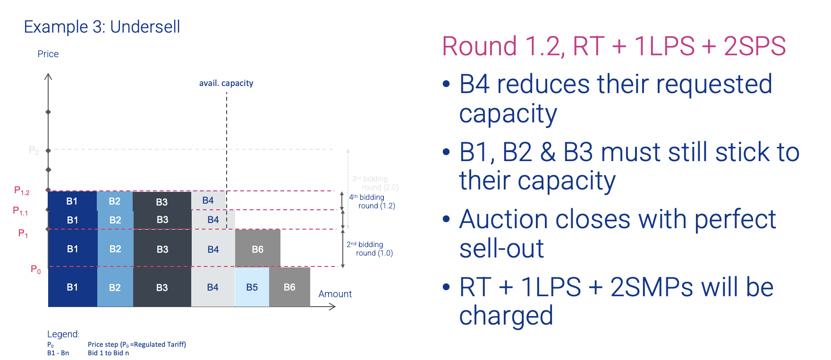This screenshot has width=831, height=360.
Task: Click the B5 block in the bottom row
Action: tap(252, 287)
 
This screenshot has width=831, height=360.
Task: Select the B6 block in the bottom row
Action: tap(289, 287)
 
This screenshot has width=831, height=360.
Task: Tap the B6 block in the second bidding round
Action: tap(258, 249)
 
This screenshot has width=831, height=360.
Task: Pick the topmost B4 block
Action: tap(208, 200)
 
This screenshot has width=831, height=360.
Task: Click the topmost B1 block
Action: tap(72, 201)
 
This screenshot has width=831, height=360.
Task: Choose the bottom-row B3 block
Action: tap(162, 287)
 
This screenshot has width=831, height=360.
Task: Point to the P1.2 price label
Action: tap(22, 190)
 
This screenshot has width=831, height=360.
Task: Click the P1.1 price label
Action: tap(20, 211)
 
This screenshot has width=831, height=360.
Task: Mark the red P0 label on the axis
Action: tap(36, 269)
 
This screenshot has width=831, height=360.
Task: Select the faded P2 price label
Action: tap(34, 151)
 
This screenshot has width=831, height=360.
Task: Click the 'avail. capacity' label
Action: tap(226, 83)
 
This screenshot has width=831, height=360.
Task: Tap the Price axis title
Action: tap(48, 54)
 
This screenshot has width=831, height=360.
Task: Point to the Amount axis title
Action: tap(335, 294)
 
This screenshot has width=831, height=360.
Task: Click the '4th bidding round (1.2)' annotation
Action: tap(372, 201)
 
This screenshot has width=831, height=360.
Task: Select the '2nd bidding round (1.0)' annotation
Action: tap(370, 249)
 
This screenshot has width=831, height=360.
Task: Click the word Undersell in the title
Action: tap(145, 27)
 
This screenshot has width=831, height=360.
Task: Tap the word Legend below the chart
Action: tap(63, 334)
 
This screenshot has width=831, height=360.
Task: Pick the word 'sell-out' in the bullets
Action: tap(501, 249)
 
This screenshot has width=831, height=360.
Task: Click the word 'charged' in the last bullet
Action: tap(506, 316)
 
